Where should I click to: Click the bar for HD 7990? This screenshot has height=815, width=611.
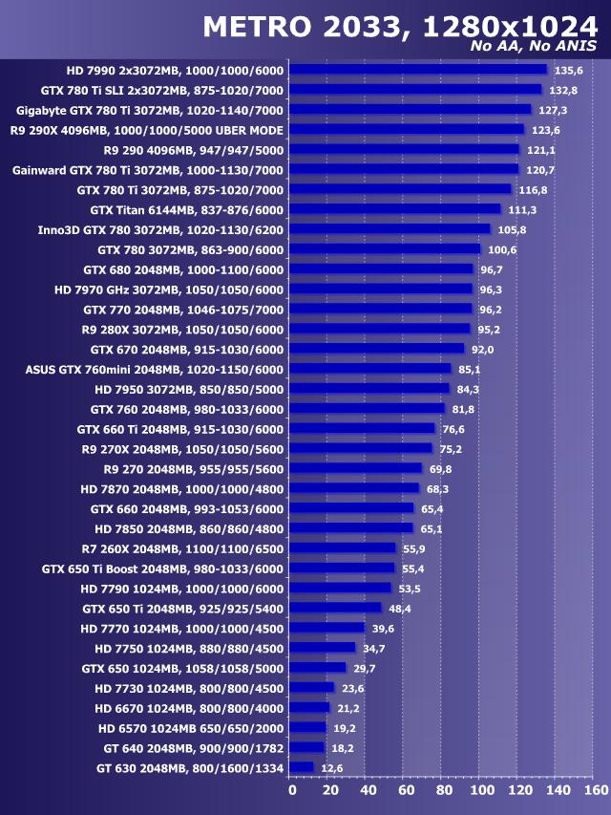417,70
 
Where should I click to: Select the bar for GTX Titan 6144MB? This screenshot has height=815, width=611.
394,209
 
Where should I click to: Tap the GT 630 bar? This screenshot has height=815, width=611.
301,767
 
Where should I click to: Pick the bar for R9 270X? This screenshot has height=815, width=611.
360,448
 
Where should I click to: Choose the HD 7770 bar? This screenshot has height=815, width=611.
327,628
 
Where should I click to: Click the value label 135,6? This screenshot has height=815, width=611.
568,70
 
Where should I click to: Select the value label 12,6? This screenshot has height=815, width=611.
333,767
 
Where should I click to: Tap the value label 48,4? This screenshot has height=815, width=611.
401,608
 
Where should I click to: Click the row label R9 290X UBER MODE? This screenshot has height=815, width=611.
146,130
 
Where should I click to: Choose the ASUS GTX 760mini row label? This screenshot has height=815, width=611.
154,369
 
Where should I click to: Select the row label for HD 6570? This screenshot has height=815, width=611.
190,727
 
